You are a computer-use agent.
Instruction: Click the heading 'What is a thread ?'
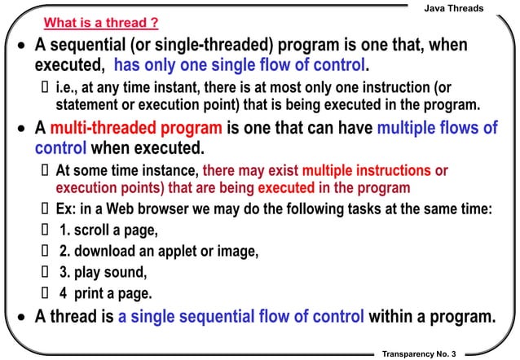[100, 23]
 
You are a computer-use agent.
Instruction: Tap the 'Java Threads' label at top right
[455, 8]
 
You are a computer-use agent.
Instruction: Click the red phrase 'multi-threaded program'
[136, 130]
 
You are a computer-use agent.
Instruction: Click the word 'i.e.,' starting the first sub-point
[69, 86]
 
